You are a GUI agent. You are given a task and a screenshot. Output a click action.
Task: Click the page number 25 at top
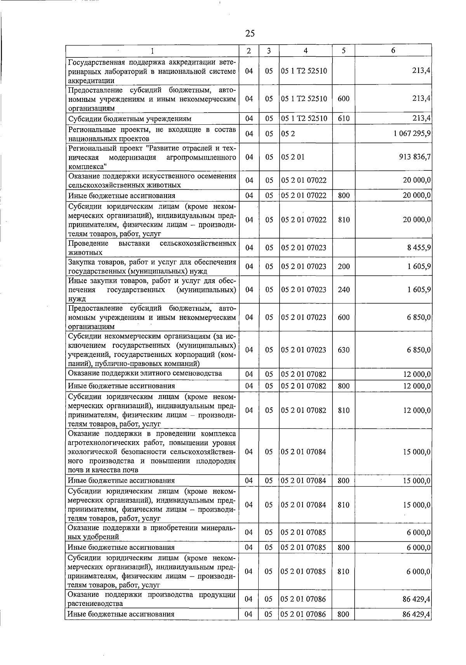[x=250, y=33]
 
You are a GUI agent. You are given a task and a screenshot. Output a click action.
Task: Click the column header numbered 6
[x=393, y=50]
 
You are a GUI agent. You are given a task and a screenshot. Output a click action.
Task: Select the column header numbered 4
[x=306, y=50]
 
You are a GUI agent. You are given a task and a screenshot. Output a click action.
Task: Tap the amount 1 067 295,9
[x=412, y=134]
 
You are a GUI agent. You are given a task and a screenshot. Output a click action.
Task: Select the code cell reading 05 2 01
[x=293, y=157]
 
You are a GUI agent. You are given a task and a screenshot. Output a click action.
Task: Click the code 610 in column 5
[x=344, y=118]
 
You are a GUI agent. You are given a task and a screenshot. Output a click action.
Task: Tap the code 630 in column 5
[x=344, y=350]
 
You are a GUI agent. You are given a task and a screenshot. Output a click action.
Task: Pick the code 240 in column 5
[x=344, y=290]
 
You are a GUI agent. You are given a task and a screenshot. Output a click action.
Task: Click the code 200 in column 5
[x=344, y=266]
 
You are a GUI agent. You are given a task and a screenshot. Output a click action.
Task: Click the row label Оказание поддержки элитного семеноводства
[x=145, y=374]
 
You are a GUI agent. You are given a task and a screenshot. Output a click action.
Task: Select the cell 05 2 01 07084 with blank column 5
[x=304, y=452]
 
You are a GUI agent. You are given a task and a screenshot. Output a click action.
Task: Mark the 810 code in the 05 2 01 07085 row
[x=344, y=572]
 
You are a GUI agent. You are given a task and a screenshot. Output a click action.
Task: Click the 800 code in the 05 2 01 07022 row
[x=344, y=196]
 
